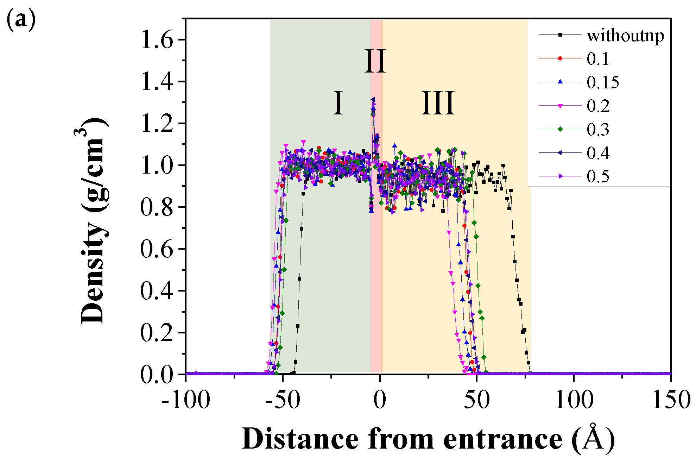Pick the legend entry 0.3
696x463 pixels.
[598, 129]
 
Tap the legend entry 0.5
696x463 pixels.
[598, 176]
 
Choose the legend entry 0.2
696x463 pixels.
[598, 106]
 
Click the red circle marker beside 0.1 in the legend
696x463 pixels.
[560, 58]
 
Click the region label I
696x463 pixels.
[338, 103]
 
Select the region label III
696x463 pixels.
[438, 103]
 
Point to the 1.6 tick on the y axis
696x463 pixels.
[157, 40]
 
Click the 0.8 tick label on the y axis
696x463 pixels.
[157, 207]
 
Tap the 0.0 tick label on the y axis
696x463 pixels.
[157, 374]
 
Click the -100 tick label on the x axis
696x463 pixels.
[186, 400]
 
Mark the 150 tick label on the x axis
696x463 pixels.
[671, 400]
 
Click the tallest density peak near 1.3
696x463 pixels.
[373, 100]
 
